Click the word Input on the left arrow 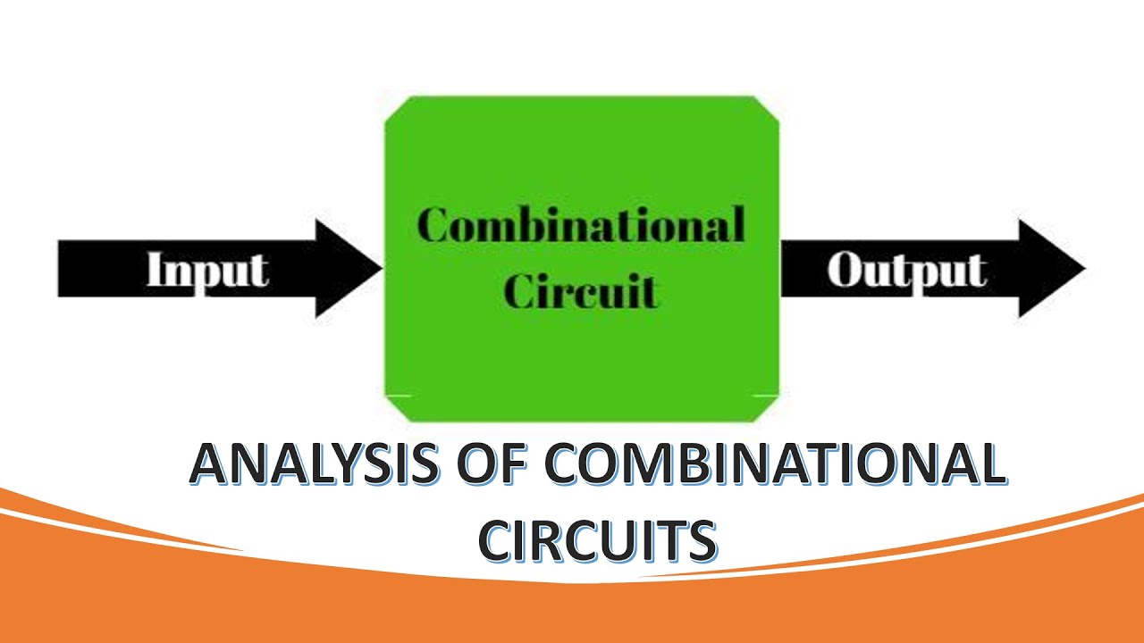[x=207, y=270]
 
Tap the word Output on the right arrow [x=906, y=270]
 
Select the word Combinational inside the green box [x=581, y=225]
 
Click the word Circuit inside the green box [x=581, y=290]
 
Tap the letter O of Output [x=845, y=270]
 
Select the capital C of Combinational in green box [x=433, y=225]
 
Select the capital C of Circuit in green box [x=519, y=290]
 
